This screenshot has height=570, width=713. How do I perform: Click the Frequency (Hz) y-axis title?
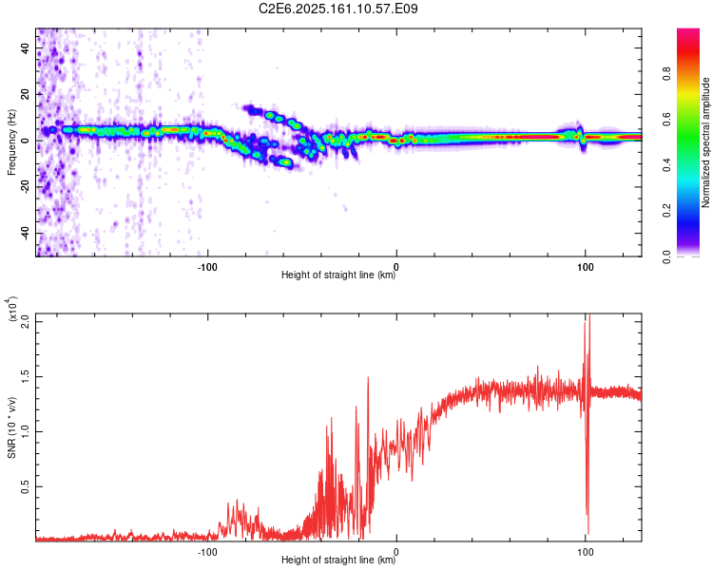point(11,142)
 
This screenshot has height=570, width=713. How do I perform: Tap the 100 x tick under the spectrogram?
point(586,266)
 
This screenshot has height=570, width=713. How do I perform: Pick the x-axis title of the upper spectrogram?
point(338,275)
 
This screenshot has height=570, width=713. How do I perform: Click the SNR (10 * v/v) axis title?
point(11,427)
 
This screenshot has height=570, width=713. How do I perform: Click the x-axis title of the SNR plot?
point(338,560)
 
